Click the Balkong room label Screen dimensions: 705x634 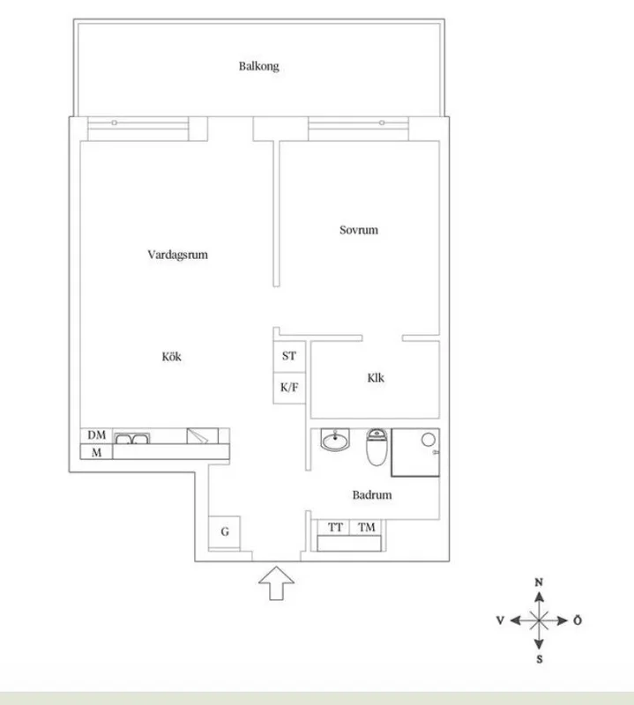[258, 66]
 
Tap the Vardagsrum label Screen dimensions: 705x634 [177, 255]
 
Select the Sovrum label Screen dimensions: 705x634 [359, 230]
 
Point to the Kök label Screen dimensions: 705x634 [171, 357]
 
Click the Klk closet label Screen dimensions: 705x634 [377, 379]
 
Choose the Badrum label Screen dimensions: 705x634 [372, 495]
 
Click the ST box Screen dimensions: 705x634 [289, 357]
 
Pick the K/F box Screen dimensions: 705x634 [289, 387]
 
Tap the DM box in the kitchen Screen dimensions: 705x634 [96, 435]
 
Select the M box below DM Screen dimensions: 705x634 [96, 453]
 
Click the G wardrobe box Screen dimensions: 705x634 [225, 531]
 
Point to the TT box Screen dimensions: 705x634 [335, 527]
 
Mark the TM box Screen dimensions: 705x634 [366, 527]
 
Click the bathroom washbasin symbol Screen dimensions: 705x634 [335, 439]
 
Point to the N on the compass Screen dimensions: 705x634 [539, 583]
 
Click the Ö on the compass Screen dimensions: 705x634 [578, 620]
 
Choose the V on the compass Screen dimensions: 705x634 [500, 620]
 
